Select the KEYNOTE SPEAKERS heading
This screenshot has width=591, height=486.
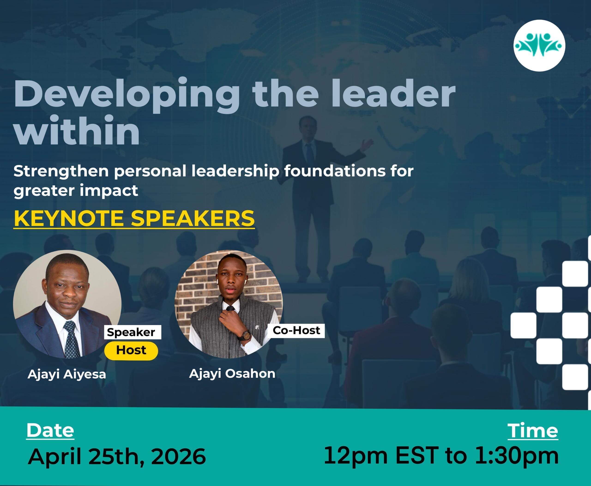(134, 219)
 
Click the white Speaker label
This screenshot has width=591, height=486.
(133, 332)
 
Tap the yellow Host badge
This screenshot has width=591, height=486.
(131, 350)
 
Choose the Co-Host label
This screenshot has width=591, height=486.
(296, 330)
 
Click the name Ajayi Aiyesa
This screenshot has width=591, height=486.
(67, 374)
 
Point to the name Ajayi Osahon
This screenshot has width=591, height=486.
(232, 374)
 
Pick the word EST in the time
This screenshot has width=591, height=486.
(417, 456)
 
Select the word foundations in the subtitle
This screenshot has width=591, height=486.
(335, 171)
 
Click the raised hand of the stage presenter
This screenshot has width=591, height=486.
(367, 144)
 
